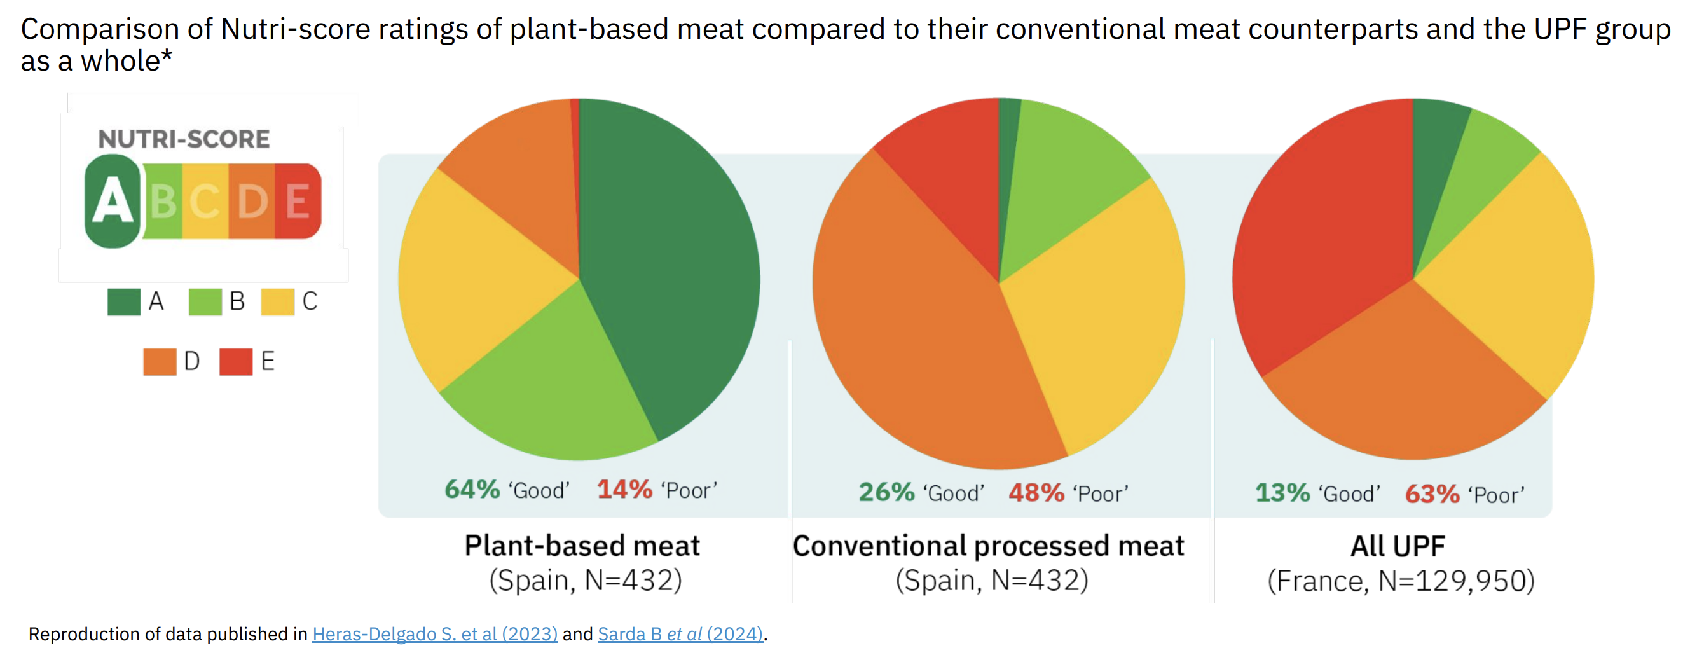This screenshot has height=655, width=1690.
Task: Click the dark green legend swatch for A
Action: pos(123,302)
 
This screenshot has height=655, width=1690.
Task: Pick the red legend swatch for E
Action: pos(235,362)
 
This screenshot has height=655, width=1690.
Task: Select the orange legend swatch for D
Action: pos(160,362)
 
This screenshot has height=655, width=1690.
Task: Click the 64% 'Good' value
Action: pos(472,490)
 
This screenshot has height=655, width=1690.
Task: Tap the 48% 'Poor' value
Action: pos(1036,492)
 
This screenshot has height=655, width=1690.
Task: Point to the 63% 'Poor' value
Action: pos(1432,493)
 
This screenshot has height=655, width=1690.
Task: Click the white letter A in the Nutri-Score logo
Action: pos(112,201)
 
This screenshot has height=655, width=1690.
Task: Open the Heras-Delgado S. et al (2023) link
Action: pos(435,634)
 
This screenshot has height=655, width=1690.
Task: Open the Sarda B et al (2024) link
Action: pos(680,634)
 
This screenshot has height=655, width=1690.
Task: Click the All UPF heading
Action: pos(1398,546)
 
